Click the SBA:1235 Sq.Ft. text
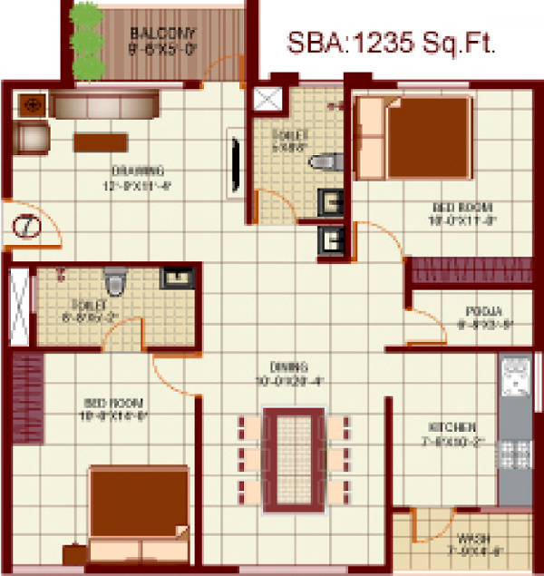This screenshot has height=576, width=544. point(392,43)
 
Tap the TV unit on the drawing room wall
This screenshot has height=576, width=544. point(235,162)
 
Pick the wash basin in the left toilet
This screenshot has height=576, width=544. point(172,278)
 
